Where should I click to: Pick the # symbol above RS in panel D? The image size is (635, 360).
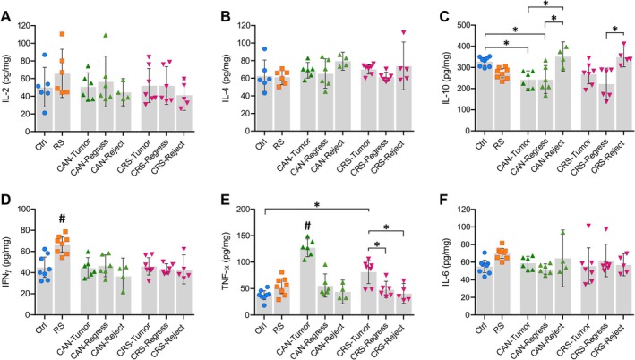point(62,219)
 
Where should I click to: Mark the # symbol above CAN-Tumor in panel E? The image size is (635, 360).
point(307,225)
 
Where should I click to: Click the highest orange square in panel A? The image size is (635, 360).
point(62,34)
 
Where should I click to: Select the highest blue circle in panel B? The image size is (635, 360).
point(264,49)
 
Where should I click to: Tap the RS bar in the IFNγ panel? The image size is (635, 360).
point(62,279)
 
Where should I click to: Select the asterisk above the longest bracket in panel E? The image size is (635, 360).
point(317,205)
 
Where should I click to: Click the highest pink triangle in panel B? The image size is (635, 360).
point(403,32)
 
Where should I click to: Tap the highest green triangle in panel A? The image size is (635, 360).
point(106,35)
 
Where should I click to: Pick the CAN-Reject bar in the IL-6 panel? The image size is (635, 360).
point(562,287)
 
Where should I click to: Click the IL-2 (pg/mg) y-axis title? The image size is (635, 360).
point(8,78)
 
